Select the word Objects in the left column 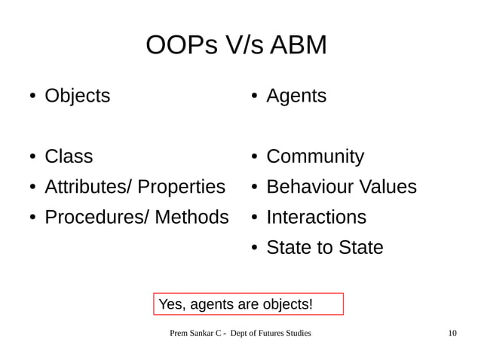point(77,96)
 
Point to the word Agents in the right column point(296,96)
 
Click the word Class point(69,157)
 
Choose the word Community point(315,157)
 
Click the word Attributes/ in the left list point(88,187)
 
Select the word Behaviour point(309,187)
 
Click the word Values point(388,187)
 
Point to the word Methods point(191,217)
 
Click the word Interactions point(316,217)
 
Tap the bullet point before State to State point(256,248)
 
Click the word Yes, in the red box point(172,304)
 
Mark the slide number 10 point(452,333)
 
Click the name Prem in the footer point(179,333)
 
